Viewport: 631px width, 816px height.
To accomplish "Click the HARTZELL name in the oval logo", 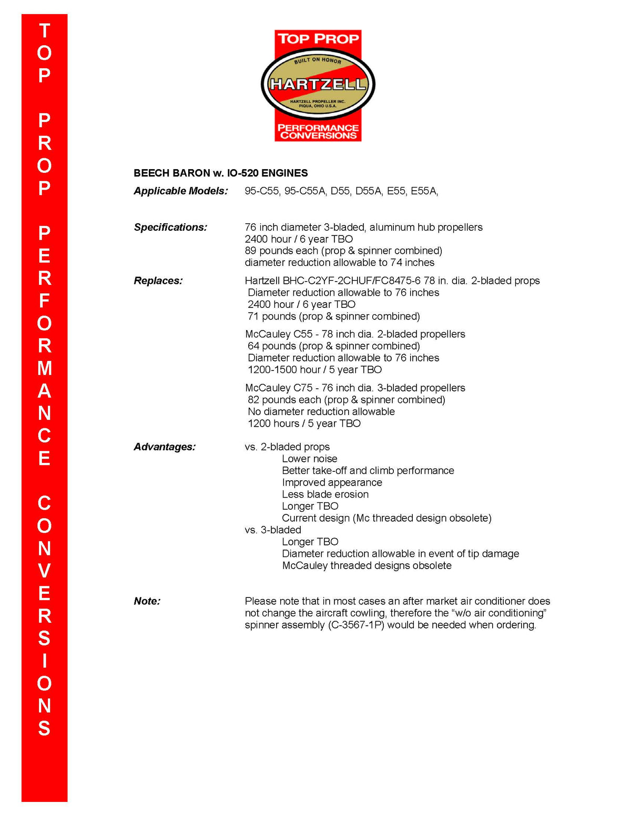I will pos(318,84).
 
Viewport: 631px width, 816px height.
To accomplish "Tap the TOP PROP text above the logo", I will pos(318,39).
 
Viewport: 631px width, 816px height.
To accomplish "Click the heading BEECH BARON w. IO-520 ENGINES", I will pos(220,173).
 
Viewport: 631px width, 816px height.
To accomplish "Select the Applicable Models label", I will pos(180,191).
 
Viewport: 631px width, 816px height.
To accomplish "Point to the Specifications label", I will pos(170,227).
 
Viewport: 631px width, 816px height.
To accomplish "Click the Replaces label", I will pos(158,281).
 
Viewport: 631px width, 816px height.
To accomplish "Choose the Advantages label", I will pos(164,447).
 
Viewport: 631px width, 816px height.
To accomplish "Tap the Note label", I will pos(147,601).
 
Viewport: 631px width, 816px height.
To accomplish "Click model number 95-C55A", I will pos(305,191).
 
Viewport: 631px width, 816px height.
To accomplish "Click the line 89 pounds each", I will pos(343,251).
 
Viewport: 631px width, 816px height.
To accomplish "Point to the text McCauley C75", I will pos(279,388).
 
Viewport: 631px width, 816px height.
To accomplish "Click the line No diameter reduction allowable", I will pos(321,411).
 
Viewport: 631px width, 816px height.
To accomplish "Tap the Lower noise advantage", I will pos(309,459).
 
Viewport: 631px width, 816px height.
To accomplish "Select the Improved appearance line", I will pos(332,482).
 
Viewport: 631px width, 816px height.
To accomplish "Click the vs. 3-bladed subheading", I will pos(273,530).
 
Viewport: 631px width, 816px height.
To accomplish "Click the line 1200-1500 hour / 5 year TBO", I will pos(314,369).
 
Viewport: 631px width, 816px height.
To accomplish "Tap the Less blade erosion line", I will pos(325,494).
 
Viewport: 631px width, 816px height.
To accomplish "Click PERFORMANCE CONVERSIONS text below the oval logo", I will pos(318,131).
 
